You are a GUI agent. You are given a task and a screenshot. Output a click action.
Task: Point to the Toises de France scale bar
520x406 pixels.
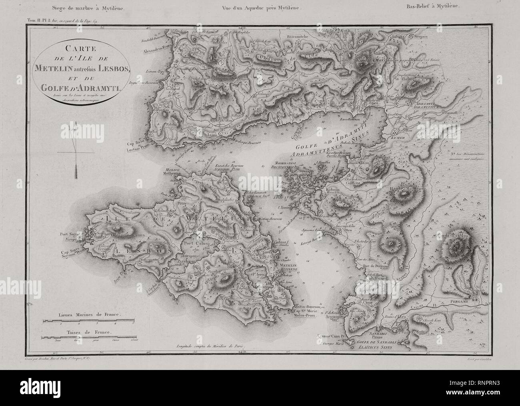87,337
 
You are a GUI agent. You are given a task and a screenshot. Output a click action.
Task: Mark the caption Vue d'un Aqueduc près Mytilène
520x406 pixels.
260,7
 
